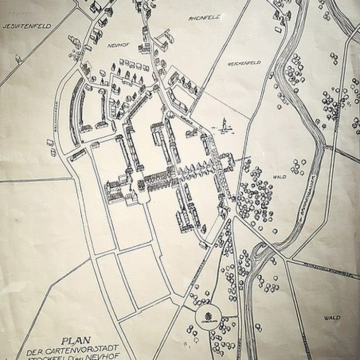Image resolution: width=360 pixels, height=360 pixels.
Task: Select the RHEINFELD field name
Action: pos(205,17)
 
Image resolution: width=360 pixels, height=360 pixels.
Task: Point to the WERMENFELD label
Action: pos(244,63)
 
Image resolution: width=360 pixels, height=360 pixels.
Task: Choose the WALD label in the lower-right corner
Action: pos(332,317)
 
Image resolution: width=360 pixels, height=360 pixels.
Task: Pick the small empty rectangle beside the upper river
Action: pos(278,29)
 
